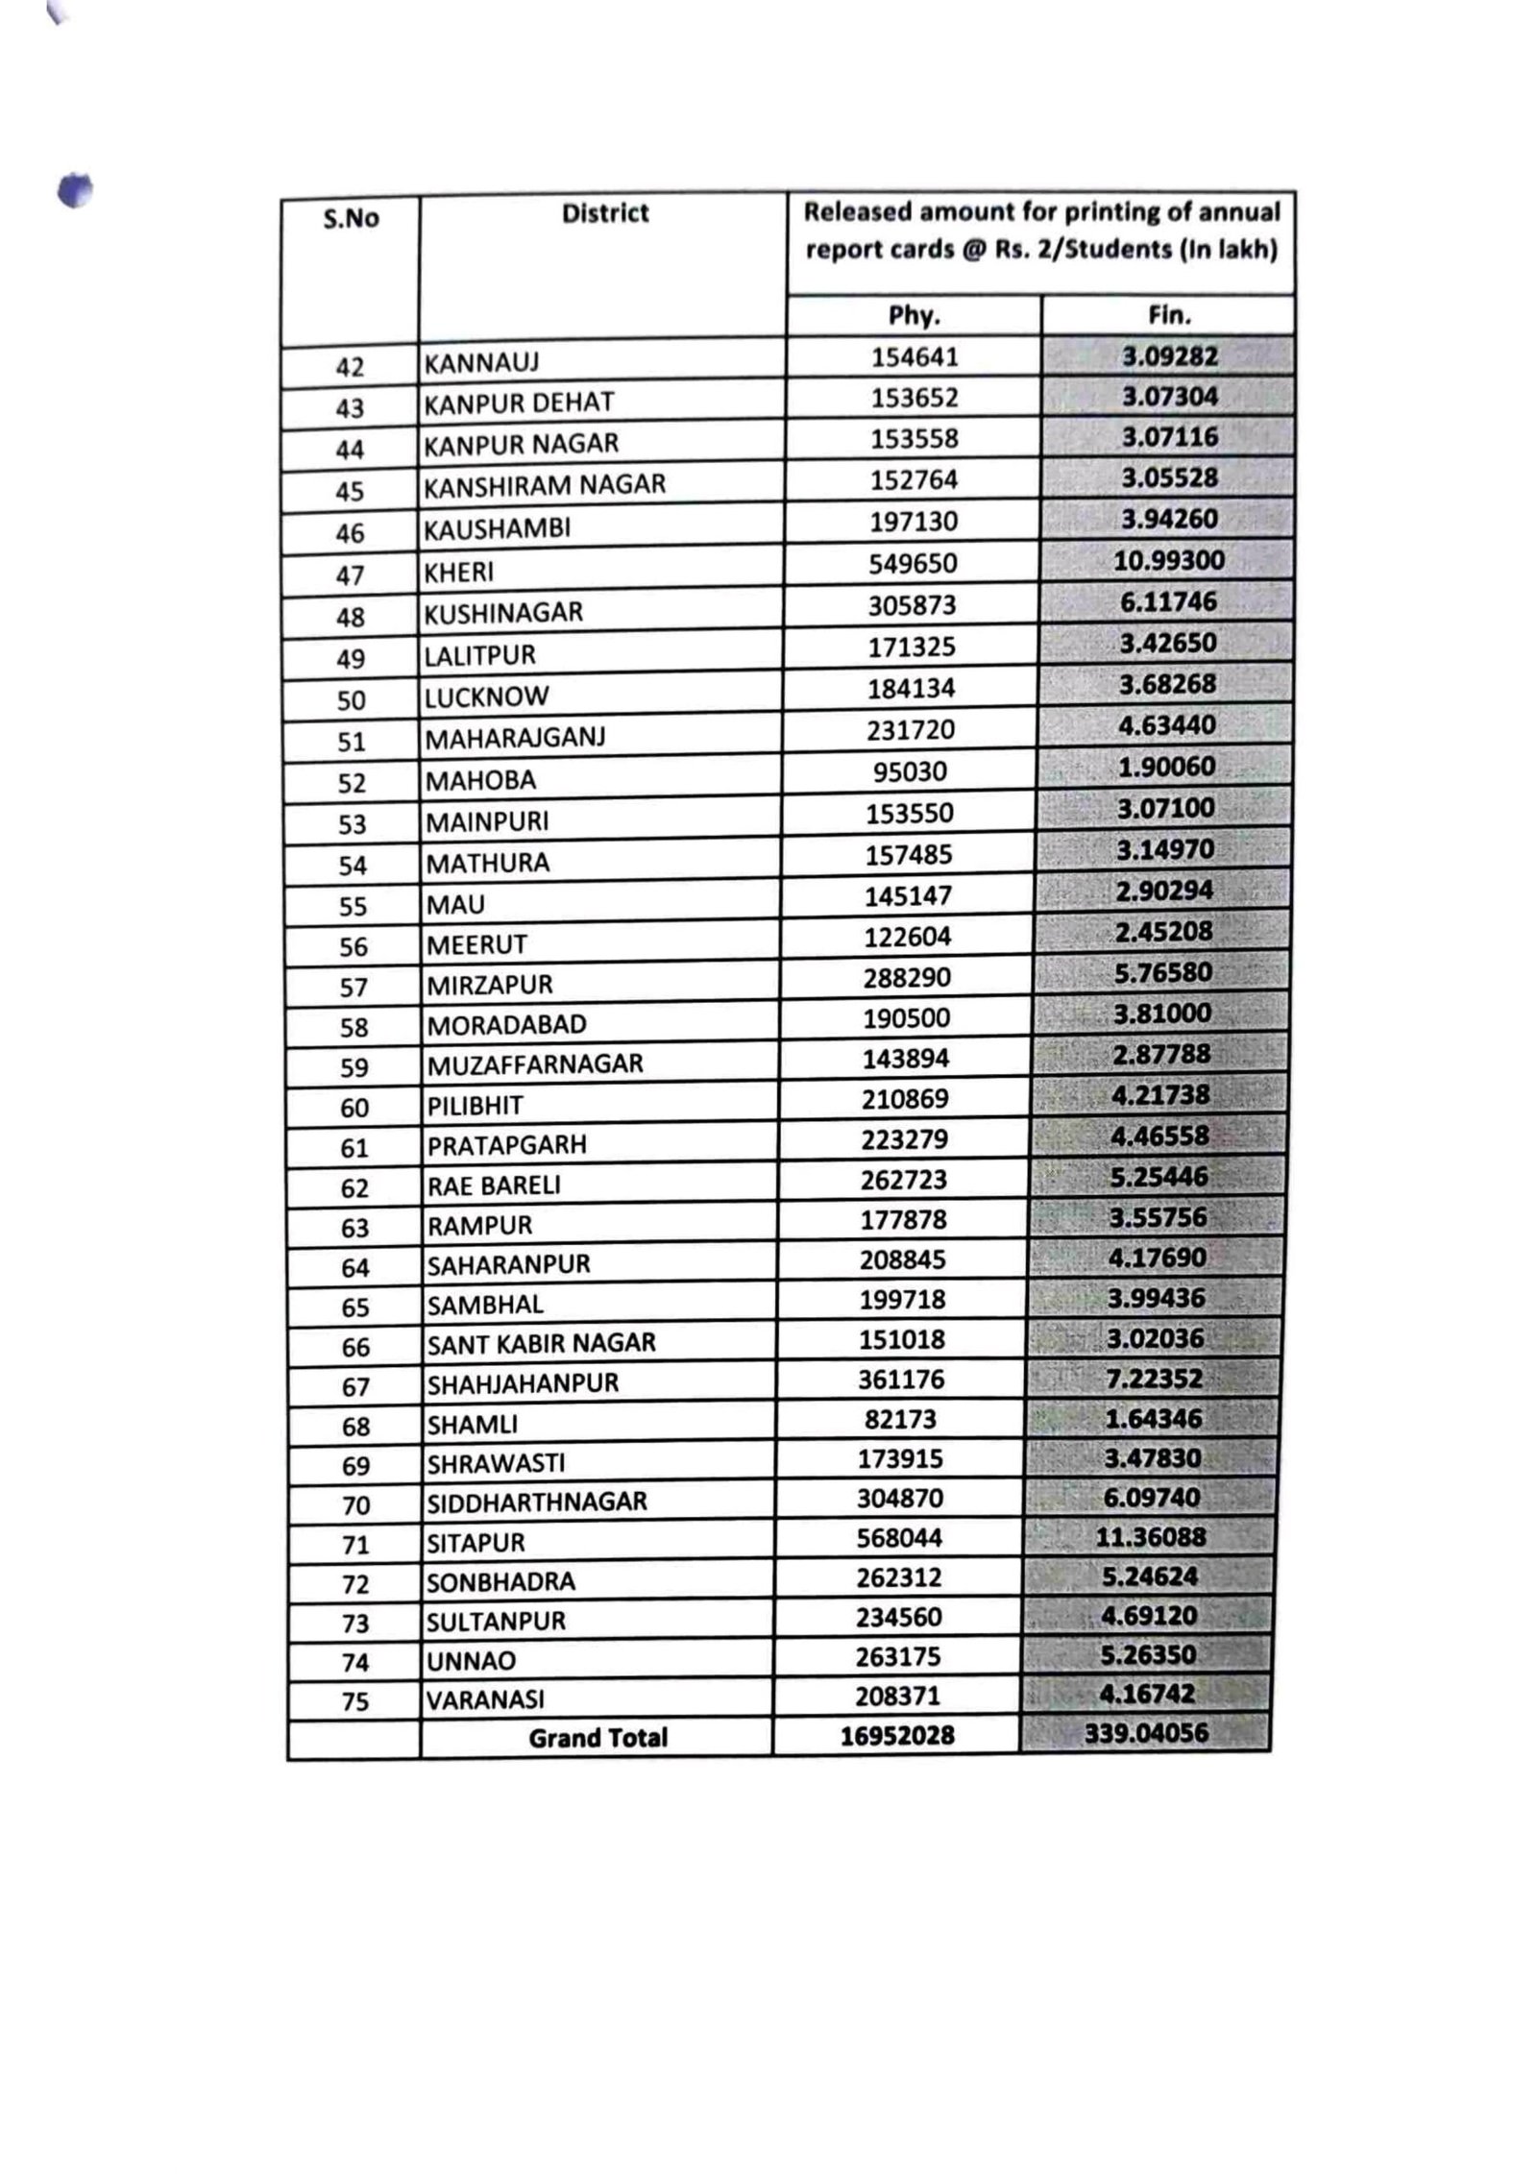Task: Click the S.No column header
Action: [351, 219]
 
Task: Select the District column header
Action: [604, 213]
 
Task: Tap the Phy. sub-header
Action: [914, 316]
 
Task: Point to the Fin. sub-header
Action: [1168, 315]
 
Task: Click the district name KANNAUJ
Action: [481, 363]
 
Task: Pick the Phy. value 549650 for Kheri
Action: [913, 563]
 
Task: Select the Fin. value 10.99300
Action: [1168, 560]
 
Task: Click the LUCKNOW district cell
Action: [486, 697]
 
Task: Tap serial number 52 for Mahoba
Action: [352, 783]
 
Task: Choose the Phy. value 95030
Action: [910, 771]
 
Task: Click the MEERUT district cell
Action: [476, 945]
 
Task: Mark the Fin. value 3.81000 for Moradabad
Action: [1163, 1014]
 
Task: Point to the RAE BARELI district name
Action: [493, 1185]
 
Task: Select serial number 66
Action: [355, 1347]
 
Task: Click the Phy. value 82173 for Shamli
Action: [900, 1419]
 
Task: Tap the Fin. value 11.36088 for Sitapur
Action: [1151, 1537]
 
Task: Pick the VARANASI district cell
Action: [485, 1700]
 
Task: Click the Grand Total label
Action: [598, 1738]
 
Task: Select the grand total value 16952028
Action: [896, 1736]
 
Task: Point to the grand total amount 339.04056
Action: [1146, 1733]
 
